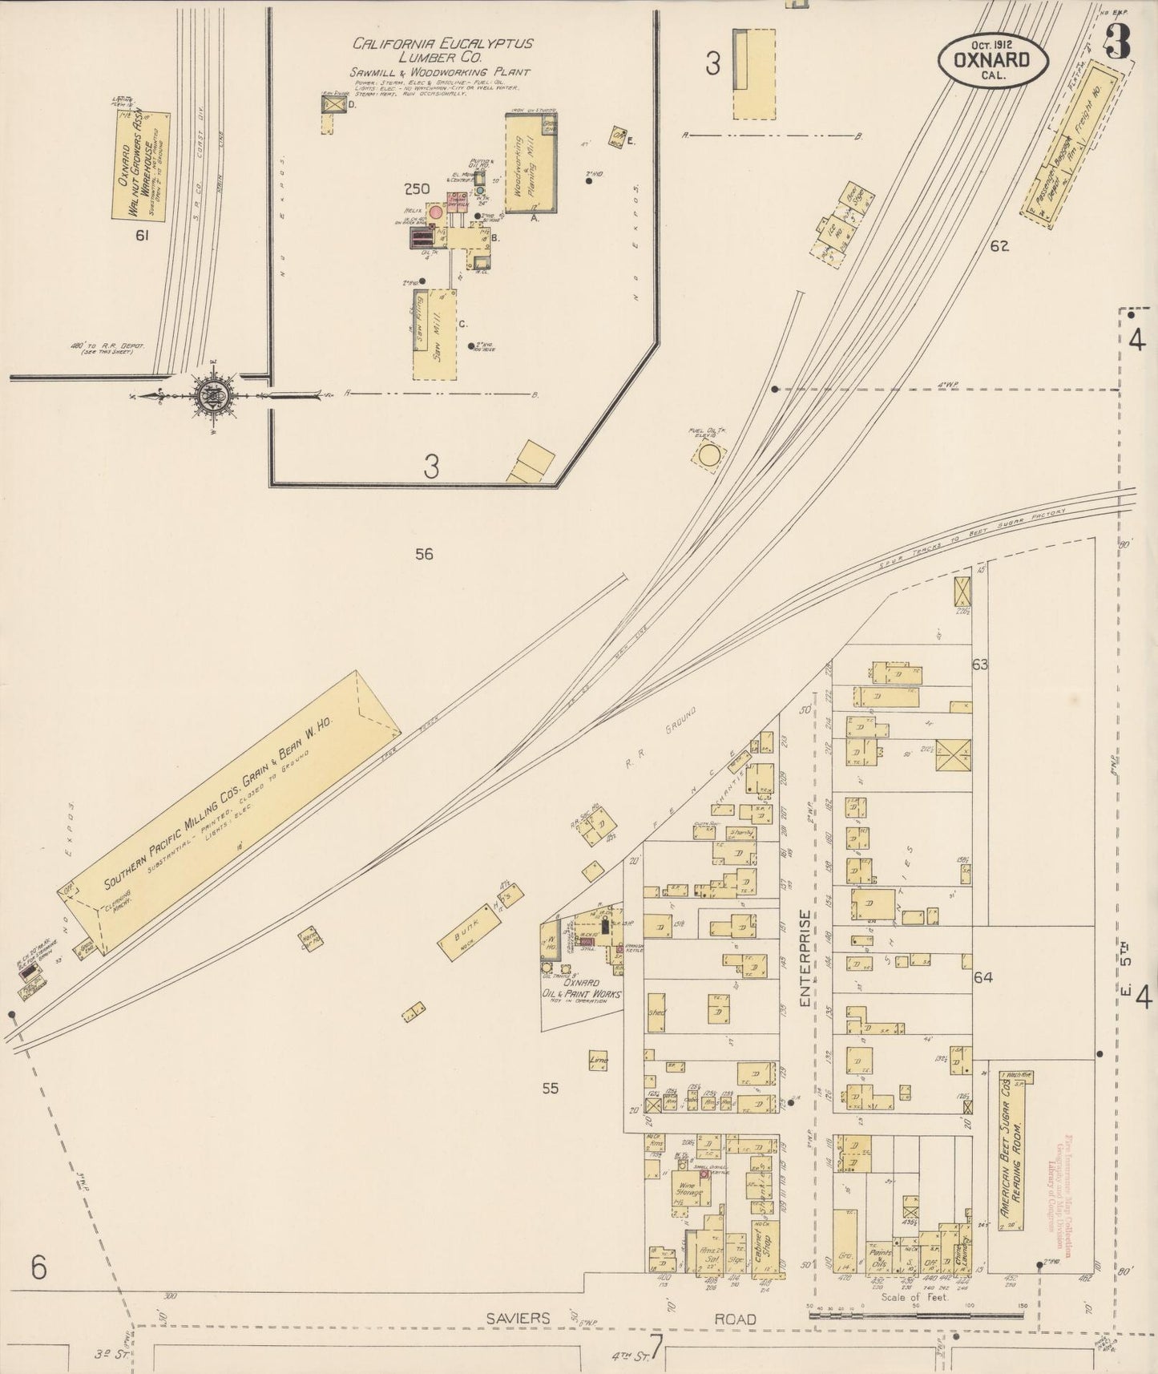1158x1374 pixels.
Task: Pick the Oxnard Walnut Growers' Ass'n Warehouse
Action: (140, 164)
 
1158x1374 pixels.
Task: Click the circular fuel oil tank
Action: (709, 456)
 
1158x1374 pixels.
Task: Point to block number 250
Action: (417, 190)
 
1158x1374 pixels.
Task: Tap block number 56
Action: (424, 553)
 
